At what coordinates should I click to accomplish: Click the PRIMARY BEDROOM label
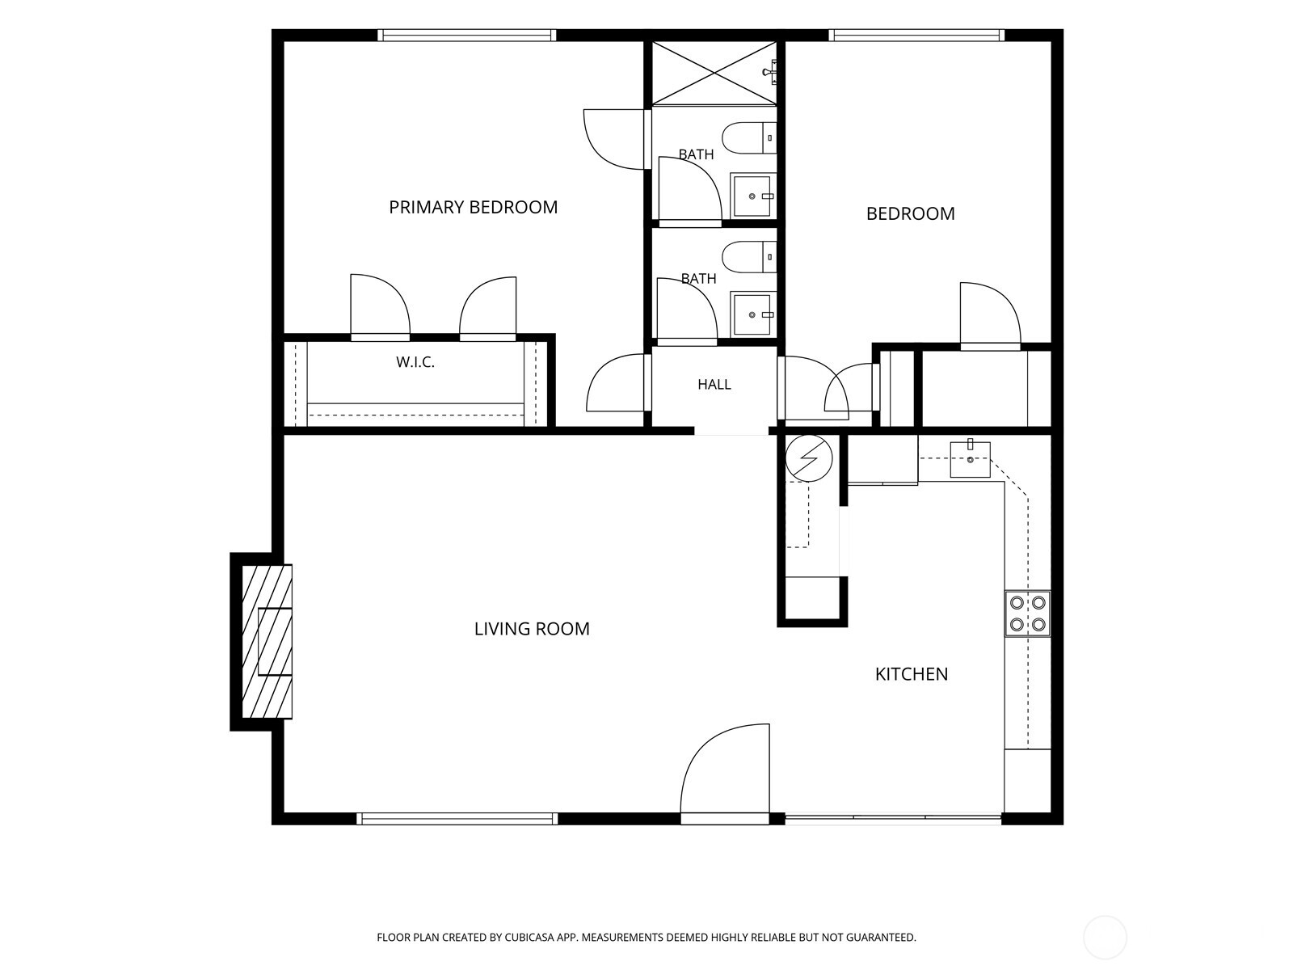(473, 207)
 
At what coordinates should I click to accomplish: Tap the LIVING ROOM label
(531, 629)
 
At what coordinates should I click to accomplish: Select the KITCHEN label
(912, 674)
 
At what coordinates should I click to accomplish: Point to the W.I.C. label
(415, 362)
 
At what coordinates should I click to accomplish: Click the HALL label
(714, 385)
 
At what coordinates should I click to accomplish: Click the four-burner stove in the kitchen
(1027, 613)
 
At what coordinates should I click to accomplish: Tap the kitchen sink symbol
(970, 459)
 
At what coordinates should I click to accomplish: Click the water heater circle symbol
(809, 458)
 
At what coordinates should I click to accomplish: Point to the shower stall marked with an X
(714, 73)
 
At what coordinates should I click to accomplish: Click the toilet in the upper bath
(749, 137)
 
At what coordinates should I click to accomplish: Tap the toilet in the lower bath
(749, 257)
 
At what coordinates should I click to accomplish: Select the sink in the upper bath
(753, 196)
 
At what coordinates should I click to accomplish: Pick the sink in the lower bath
(753, 314)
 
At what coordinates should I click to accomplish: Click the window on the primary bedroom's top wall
(466, 36)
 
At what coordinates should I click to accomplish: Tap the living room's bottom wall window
(457, 819)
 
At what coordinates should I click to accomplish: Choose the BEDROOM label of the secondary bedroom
(910, 213)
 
